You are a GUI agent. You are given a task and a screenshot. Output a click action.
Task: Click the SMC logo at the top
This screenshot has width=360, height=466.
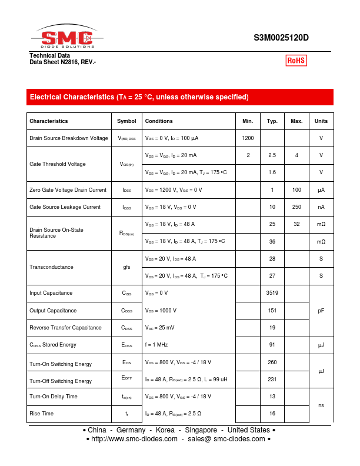66,38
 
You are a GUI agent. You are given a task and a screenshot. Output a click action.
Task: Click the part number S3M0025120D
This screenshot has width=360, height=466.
281,38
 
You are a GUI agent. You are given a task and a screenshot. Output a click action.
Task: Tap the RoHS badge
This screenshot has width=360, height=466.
296,60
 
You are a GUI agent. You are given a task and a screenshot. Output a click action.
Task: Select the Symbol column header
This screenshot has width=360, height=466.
126,121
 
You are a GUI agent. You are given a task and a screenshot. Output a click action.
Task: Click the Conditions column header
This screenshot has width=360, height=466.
159,121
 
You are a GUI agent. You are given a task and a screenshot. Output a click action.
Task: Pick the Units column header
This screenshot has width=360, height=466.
321,121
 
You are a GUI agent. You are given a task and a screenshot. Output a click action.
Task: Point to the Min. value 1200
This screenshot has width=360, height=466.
248,138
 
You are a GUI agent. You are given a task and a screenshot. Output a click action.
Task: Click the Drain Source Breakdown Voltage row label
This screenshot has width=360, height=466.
69,138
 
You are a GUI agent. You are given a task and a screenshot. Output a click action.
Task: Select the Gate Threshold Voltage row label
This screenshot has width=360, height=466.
57,164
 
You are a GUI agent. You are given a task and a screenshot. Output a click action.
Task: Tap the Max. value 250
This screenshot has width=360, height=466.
296,207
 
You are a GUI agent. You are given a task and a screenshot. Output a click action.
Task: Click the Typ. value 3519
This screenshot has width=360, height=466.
272,293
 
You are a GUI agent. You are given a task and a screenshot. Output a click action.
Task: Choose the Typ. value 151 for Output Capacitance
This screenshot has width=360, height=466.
272,311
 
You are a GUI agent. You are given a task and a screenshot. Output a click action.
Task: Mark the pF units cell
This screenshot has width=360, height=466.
321,310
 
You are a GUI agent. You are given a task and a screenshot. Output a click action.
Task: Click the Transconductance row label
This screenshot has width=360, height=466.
51,267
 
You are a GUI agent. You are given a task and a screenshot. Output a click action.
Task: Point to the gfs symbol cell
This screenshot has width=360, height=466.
126,267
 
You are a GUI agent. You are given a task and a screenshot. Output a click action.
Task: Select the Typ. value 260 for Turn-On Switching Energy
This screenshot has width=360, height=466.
272,362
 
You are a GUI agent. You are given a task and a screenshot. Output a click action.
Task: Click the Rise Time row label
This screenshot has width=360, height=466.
41,414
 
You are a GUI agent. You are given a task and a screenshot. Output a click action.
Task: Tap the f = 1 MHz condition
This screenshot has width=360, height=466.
156,345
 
